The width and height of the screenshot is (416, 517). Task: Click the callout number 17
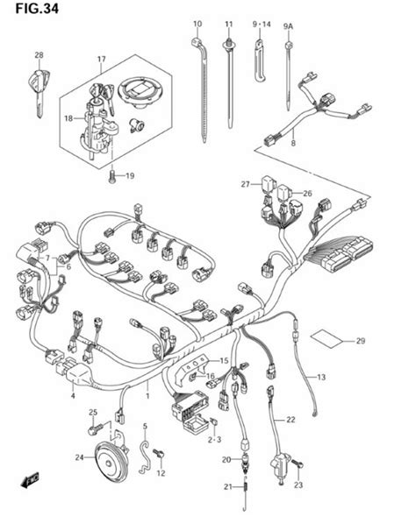(x=101, y=60)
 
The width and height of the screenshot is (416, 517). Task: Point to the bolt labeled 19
(x=111, y=176)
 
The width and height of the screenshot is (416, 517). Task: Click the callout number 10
(x=197, y=23)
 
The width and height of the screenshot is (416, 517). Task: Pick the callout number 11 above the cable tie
(x=229, y=23)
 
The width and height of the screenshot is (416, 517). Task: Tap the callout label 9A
(x=288, y=27)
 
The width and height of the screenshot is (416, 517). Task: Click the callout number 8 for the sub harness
(x=293, y=141)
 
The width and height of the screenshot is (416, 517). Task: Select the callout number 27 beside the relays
(x=247, y=185)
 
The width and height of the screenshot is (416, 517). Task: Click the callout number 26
(x=307, y=194)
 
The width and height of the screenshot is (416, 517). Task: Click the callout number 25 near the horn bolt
(x=92, y=412)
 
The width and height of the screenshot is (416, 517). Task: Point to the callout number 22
(x=290, y=420)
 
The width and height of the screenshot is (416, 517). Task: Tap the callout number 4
(x=73, y=396)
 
